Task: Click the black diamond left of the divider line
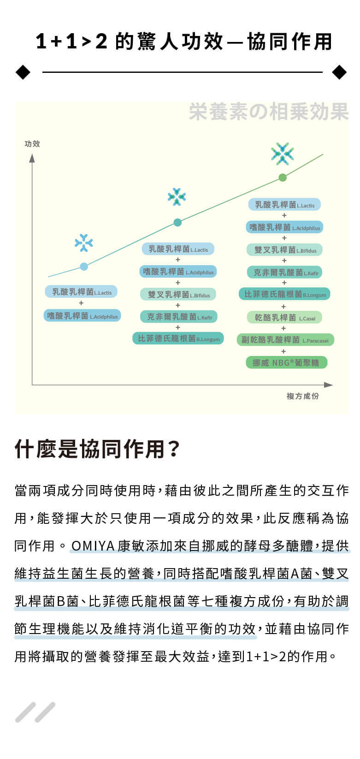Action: [x=23, y=72]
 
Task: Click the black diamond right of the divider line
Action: [x=339, y=72]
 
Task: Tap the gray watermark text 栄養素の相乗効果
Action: [x=269, y=112]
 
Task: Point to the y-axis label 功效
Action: [x=32, y=144]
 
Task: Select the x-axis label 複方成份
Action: [x=302, y=396]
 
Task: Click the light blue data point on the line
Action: [x=84, y=266]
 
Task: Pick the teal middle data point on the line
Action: [x=177, y=223]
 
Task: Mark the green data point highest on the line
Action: [x=283, y=178]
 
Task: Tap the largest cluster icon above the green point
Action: [x=283, y=154]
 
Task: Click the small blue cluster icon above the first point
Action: [x=83, y=243]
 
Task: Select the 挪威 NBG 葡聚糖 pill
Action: [x=286, y=363]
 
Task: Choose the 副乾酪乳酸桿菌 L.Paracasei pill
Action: [x=285, y=340]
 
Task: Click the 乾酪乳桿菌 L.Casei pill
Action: [x=284, y=318]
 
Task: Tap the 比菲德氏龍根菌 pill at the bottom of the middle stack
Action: [x=178, y=338]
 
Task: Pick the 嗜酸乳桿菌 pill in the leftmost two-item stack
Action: [x=82, y=316]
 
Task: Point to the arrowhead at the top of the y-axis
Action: [x=32, y=158]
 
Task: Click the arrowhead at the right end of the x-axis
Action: [x=328, y=385]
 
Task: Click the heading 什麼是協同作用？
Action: [x=97, y=449]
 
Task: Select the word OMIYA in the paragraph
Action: [x=93, y=546]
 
